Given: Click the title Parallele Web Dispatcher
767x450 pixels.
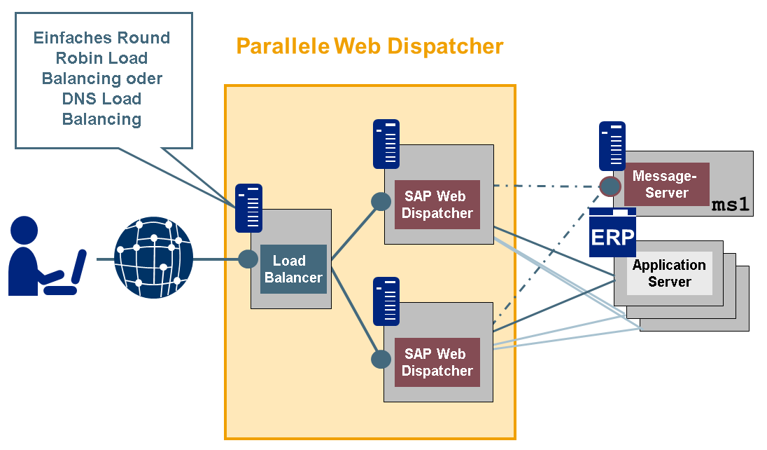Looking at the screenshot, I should pos(370,46).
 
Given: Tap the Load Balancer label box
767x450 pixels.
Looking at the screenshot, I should pos(293,269).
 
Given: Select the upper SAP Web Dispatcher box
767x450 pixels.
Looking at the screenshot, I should pos(437,205).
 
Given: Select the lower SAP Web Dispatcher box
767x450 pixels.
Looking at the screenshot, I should pos(437,362).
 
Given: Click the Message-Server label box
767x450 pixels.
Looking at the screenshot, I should pos(666,184).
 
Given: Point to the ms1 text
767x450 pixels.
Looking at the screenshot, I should pos(731,205).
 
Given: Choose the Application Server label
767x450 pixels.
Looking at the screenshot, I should pos(669,273).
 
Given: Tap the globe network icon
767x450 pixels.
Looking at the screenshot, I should pos(153,259).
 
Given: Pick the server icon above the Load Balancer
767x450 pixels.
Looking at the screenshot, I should pos(248,208).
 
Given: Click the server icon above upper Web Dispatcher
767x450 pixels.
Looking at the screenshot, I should pos(386,144).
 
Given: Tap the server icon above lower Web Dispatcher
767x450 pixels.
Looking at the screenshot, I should pos(386,301).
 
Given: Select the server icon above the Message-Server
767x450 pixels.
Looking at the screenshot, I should pos(612,146).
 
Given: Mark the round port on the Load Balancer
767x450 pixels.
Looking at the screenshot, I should pos(248,259).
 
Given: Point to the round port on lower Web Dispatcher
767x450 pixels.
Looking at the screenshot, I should pos(381,360).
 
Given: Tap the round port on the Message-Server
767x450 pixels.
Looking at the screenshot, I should pos(610,186).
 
